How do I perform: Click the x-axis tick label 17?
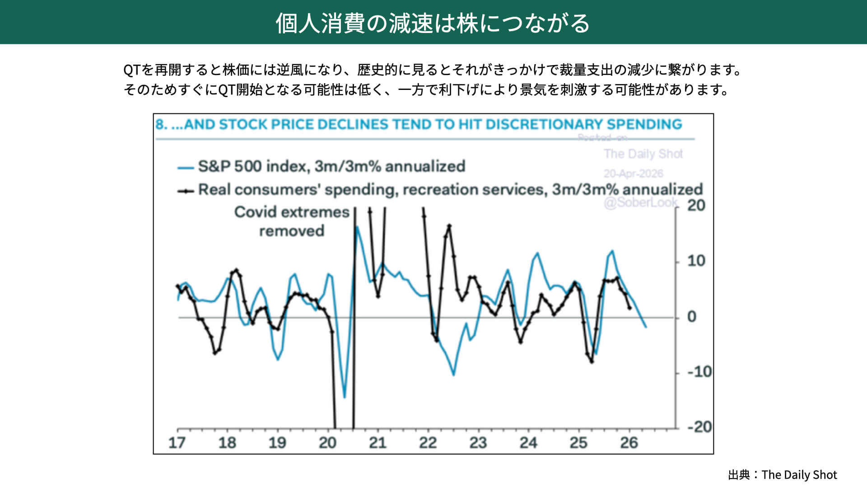(x=177, y=442)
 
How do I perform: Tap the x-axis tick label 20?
(x=327, y=442)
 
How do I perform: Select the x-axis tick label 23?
(x=478, y=442)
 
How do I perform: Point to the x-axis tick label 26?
(x=629, y=442)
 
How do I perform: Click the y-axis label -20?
(x=699, y=427)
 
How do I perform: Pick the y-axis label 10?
(x=696, y=261)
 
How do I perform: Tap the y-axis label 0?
(x=691, y=317)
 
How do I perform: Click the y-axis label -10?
(x=699, y=372)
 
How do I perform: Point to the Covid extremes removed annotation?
(x=292, y=221)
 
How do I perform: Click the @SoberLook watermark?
(x=640, y=202)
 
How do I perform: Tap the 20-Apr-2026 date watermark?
(x=633, y=174)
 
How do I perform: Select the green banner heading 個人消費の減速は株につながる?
(x=433, y=23)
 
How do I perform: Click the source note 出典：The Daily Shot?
(x=783, y=475)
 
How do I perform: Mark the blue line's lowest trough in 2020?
(x=345, y=397)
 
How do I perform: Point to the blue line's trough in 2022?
(x=453, y=375)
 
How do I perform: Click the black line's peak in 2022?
(x=449, y=225)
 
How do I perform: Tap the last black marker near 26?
(x=629, y=308)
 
